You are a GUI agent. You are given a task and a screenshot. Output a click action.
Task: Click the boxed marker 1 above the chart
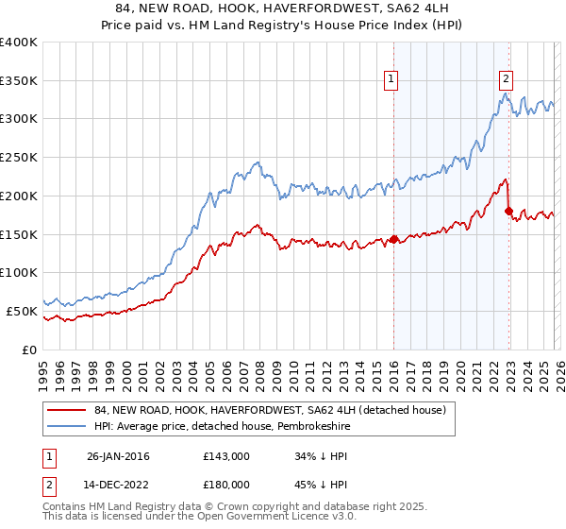click(391, 80)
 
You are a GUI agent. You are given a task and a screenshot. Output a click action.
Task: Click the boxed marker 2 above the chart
click(507, 80)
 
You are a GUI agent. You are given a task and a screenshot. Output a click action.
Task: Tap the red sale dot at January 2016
click(393, 239)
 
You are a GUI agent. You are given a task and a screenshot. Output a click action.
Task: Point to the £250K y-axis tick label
click(19, 157)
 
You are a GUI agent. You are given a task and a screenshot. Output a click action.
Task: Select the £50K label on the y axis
click(22, 310)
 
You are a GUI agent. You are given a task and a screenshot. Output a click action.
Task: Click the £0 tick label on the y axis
click(29, 349)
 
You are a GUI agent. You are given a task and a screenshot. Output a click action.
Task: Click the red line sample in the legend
click(67, 410)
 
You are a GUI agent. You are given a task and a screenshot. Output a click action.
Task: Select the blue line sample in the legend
click(67, 426)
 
